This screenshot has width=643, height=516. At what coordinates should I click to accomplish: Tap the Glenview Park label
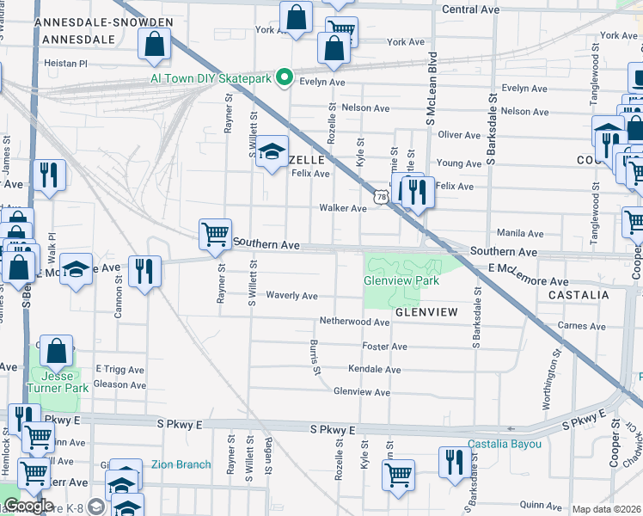point(401,280)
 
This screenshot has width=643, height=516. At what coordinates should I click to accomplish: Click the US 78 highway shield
point(381,197)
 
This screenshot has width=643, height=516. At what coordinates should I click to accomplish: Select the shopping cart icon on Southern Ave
point(215,234)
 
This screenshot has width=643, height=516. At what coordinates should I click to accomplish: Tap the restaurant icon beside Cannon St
point(144,271)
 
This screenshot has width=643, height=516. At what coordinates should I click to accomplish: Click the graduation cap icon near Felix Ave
point(273,152)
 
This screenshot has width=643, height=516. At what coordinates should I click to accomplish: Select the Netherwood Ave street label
point(354,322)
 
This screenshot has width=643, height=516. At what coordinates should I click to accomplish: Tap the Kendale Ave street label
point(374,370)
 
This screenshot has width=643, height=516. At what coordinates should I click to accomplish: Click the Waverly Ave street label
point(291,296)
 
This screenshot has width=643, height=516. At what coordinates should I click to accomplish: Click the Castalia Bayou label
point(505,444)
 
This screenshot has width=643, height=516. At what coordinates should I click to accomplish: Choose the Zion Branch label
point(181,464)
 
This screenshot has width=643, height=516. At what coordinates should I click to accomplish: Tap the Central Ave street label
point(470,9)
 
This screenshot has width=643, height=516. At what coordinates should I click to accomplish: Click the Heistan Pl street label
point(66,63)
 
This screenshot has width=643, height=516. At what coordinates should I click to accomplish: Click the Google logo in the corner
point(28,506)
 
